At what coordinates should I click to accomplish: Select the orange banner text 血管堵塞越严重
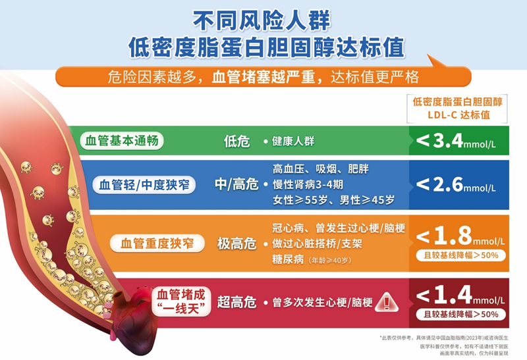pos(265,77)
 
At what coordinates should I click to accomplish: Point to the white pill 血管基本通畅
pos(122,141)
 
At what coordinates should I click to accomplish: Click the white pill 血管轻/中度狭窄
pos(146,184)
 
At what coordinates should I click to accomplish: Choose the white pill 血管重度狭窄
pos(156,244)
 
